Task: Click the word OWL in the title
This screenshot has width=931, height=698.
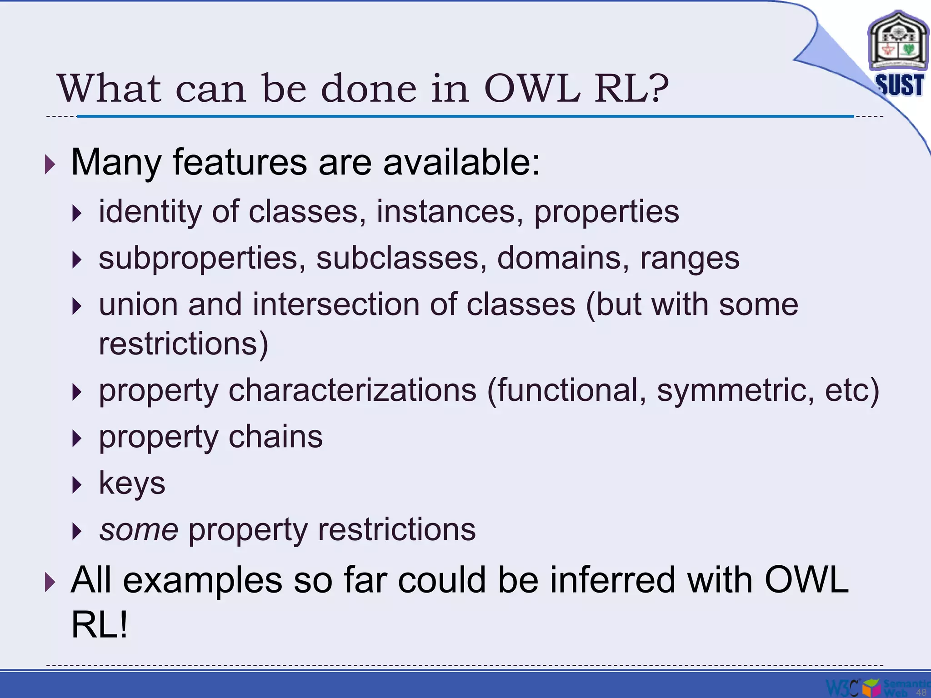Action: [532, 88]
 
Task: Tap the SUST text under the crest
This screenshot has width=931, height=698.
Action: [900, 85]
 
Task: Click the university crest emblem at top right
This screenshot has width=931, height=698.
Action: [898, 43]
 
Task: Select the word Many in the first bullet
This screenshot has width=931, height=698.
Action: [116, 162]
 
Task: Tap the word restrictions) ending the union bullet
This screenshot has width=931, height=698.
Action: [184, 344]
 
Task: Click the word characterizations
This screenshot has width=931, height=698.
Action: [352, 390]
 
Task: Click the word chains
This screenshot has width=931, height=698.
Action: [275, 437]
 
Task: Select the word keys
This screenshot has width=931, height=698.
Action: [132, 484]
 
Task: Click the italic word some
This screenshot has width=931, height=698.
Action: [139, 530]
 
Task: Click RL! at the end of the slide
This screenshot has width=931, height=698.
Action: [99, 625]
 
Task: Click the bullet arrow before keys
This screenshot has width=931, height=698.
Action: [77, 485]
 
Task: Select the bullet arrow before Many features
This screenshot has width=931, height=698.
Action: [50, 164]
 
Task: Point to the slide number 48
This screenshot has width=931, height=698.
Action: [921, 693]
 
